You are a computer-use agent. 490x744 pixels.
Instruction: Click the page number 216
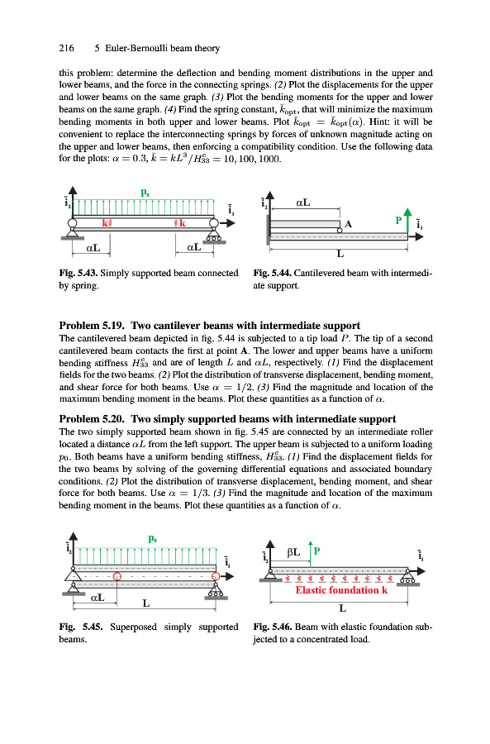point(66,48)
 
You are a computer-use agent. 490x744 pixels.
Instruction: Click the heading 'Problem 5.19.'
point(92,326)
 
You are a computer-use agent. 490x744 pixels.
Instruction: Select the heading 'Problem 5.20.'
point(92,419)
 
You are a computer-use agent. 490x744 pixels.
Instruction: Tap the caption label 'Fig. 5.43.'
point(78,273)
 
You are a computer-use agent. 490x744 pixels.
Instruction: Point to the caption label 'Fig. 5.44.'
point(273,273)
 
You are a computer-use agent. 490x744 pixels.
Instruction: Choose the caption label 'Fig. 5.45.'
point(81,627)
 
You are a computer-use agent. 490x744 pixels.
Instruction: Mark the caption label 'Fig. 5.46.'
point(273,627)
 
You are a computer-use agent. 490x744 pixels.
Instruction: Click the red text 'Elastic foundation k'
point(341,590)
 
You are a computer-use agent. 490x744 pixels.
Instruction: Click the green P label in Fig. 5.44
point(398,220)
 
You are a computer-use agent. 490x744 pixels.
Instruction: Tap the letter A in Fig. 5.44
point(348,224)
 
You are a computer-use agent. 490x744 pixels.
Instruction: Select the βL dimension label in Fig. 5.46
point(293,552)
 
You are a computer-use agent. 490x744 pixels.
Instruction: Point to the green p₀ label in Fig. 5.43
point(145,192)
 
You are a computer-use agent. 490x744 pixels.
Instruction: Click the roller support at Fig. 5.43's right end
point(214,231)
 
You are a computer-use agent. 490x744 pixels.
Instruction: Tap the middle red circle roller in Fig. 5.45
point(117,576)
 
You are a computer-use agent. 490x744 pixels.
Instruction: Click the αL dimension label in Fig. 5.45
point(98,598)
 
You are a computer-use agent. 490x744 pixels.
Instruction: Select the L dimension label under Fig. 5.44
point(340,254)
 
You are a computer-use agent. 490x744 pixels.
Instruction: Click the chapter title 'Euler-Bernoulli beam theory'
point(162,48)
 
